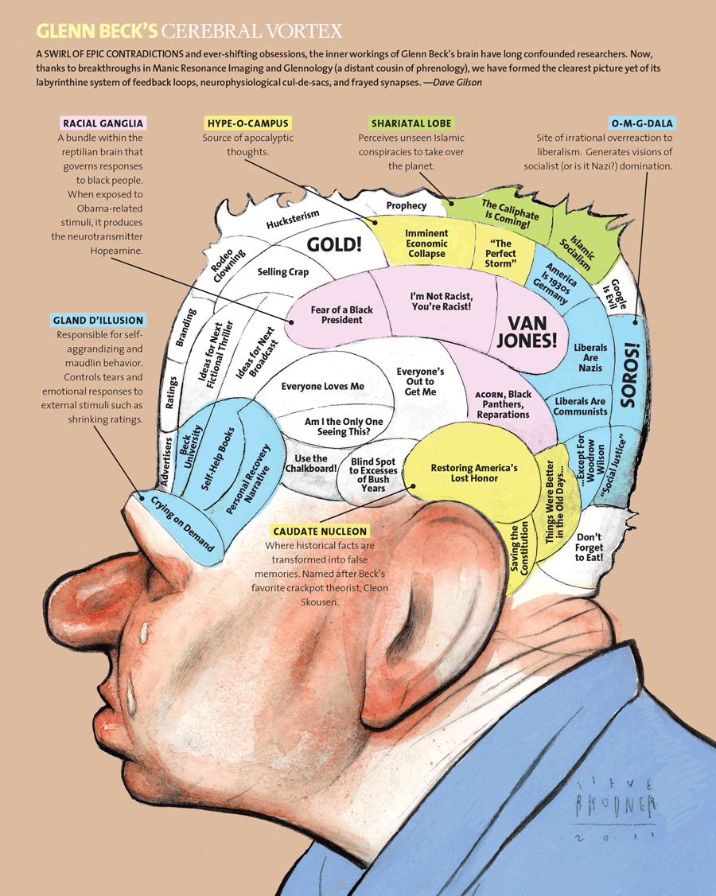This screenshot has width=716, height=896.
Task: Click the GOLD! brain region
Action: coord(335,243)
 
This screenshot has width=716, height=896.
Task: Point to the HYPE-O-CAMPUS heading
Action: coord(247,123)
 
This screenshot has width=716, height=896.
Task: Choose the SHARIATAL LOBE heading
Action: coord(411,123)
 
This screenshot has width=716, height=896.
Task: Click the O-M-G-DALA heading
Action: coord(642,123)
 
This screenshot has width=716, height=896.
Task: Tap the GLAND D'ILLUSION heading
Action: coord(99,321)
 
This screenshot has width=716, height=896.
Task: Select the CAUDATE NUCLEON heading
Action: coord(319,531)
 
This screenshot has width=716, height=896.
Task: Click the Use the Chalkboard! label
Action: coord(310,463)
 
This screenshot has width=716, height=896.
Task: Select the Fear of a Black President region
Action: coord(341,314)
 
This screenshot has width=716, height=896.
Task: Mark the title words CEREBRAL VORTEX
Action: coord(252,32)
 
